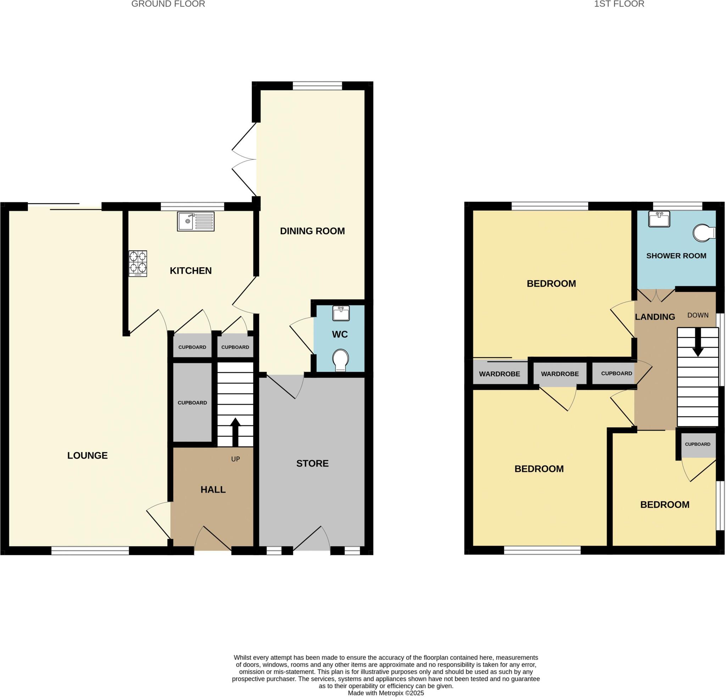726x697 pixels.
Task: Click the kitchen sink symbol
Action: (196, 221)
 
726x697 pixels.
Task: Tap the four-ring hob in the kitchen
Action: (138, 263)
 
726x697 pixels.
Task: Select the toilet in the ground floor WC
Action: (340, 360)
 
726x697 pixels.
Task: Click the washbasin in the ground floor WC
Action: (341, 313)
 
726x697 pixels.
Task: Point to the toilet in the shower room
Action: (704, 233)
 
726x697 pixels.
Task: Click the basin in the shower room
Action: (659, 219)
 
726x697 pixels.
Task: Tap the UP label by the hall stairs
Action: (236, 459)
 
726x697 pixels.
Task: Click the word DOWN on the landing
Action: (698, 315)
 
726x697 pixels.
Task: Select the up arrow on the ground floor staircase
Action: (235, 431)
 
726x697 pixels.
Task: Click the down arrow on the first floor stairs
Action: (698, 343)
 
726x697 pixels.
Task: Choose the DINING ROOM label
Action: (312, 231)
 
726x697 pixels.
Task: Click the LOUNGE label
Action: (88, 456)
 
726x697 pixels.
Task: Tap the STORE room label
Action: (312, 463)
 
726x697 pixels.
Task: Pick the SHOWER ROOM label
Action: (676, 255)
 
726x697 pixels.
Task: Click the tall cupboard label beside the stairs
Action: (192, 403)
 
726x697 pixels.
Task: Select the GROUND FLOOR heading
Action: (168, 4)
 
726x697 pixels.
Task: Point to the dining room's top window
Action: (317, 86)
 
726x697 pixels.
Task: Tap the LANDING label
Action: (655, 317)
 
